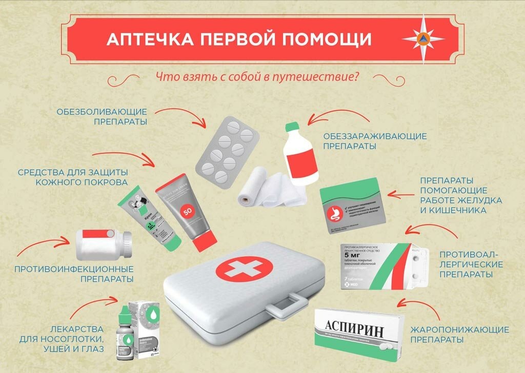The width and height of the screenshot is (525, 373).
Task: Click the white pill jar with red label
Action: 103,245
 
